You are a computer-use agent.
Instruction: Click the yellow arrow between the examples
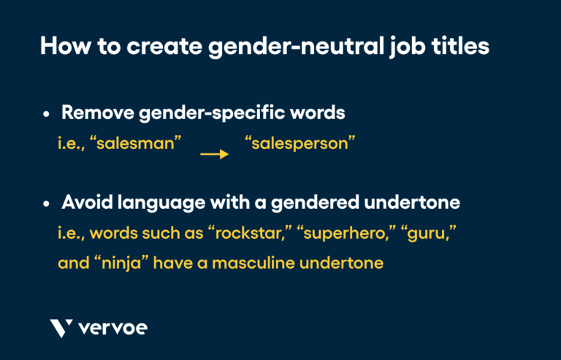pyautogui.click(x=214, y=154)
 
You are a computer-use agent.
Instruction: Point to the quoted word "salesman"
pyautogui.click(x=139, y=144)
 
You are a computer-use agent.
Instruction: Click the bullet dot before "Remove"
pyautogui.click(x=46, y=115)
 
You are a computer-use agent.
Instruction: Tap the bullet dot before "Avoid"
pyautogui.click(x=46, y=204)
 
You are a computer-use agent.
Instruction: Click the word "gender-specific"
pyautogui.click(x=216, y=113)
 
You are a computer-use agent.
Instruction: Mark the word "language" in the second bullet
pyautogui.click(x=169, y=202)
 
